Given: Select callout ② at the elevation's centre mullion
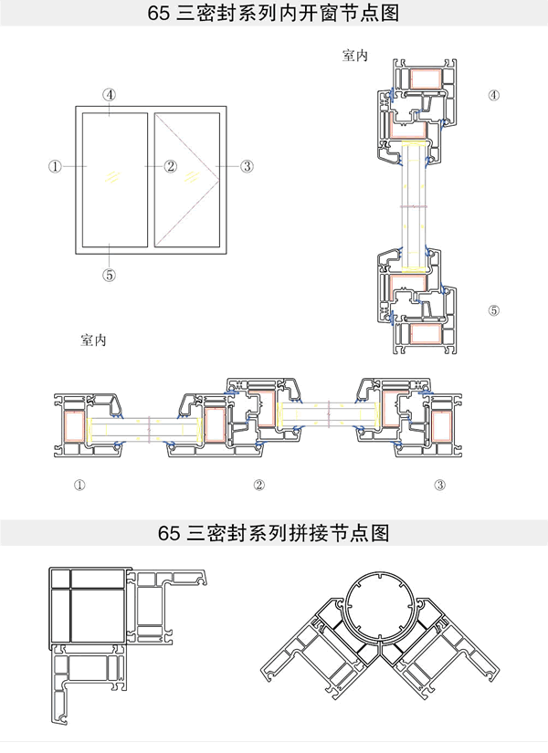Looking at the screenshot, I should pos(171,166).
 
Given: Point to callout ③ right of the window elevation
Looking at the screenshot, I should pos(247,166).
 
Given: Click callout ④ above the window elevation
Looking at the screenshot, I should pos(109,94).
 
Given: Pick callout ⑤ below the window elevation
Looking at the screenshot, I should pos(109,274).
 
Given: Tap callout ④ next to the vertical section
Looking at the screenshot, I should pos(494,94).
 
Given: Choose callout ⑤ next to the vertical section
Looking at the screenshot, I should pos(494,310).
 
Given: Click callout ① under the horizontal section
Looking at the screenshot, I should pos(79,484).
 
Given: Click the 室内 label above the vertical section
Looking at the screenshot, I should pos(355,57).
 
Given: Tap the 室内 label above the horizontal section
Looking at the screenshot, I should pos(94,340).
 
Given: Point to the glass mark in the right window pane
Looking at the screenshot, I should pos(191,174).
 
